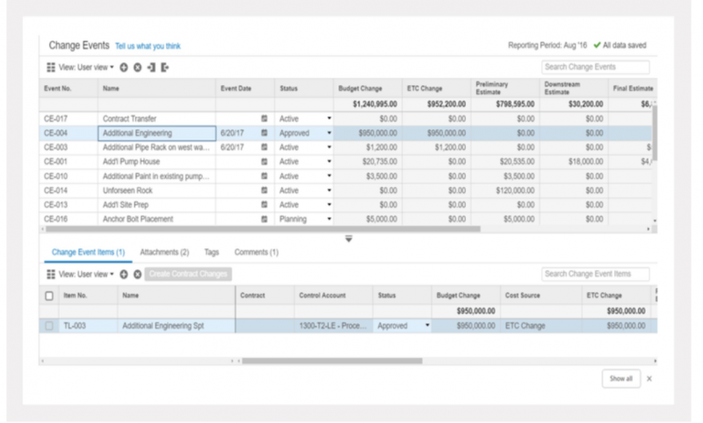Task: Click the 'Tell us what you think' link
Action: [x=148, y=46]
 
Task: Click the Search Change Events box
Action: [x=595, y=67]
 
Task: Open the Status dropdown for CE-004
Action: [x=329, y=133]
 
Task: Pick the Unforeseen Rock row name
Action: [x=127, y=190]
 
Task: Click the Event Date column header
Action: [x=236, y=89]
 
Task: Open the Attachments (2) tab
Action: [x=164, y=252]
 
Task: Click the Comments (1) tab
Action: [x=256, y=252]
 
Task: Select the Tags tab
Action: [x=211, y=252]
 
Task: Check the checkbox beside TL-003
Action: [x=49, y=326]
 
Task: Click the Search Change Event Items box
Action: [x=595, y=274]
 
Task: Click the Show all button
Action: [x=620, y=378]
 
